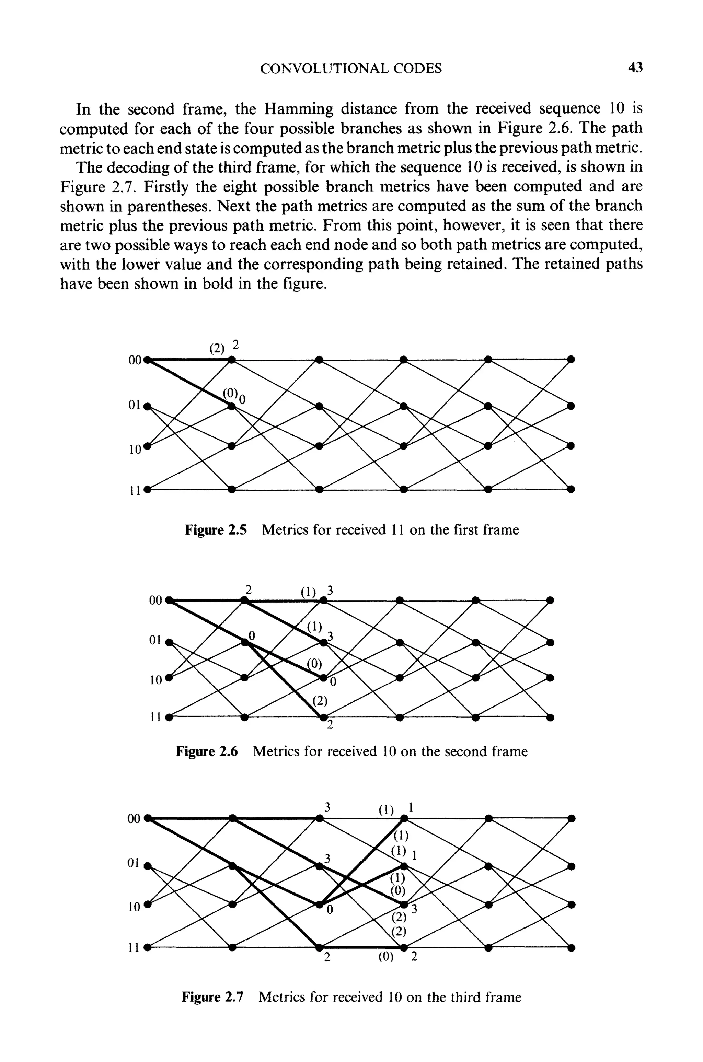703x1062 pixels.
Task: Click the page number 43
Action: click(x=635, y=68)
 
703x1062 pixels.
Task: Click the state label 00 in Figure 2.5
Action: click(x=135, y=360)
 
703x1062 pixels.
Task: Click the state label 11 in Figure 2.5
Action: click(x=135, y=491)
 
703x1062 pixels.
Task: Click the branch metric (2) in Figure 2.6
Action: click(x=320, y=701)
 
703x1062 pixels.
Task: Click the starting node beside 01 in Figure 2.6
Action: click(x=169, y=642)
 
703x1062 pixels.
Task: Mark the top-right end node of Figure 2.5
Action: click(x=571, y=359)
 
